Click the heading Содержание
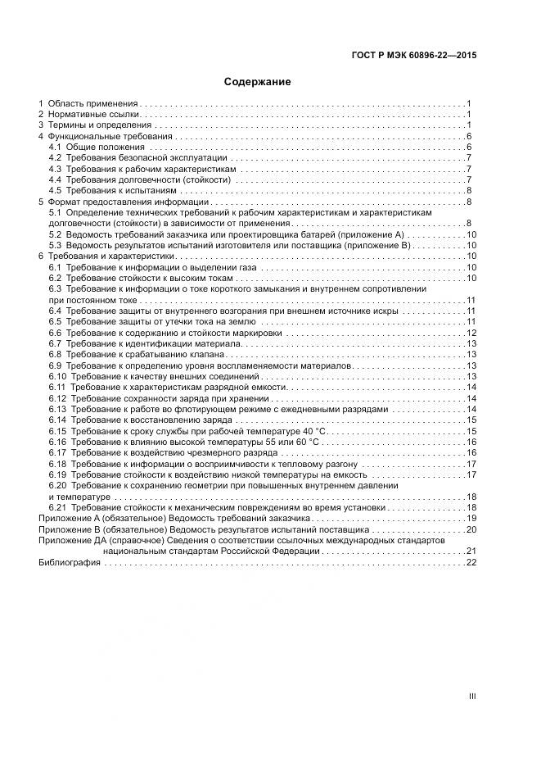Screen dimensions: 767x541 (x=257, y=82)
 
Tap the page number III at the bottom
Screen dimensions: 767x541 (x=471, y=697)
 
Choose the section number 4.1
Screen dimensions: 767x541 (x=56, y=147)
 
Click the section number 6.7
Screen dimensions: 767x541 (x=56, y=344)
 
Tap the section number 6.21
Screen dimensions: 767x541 (x=57, y=508)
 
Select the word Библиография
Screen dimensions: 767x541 (x=70, y=563)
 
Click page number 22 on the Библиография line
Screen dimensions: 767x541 (x=471, y=563)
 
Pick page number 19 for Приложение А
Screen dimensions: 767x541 (x=471, y=519)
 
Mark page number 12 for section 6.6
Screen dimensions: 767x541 (x=471, y=333)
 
